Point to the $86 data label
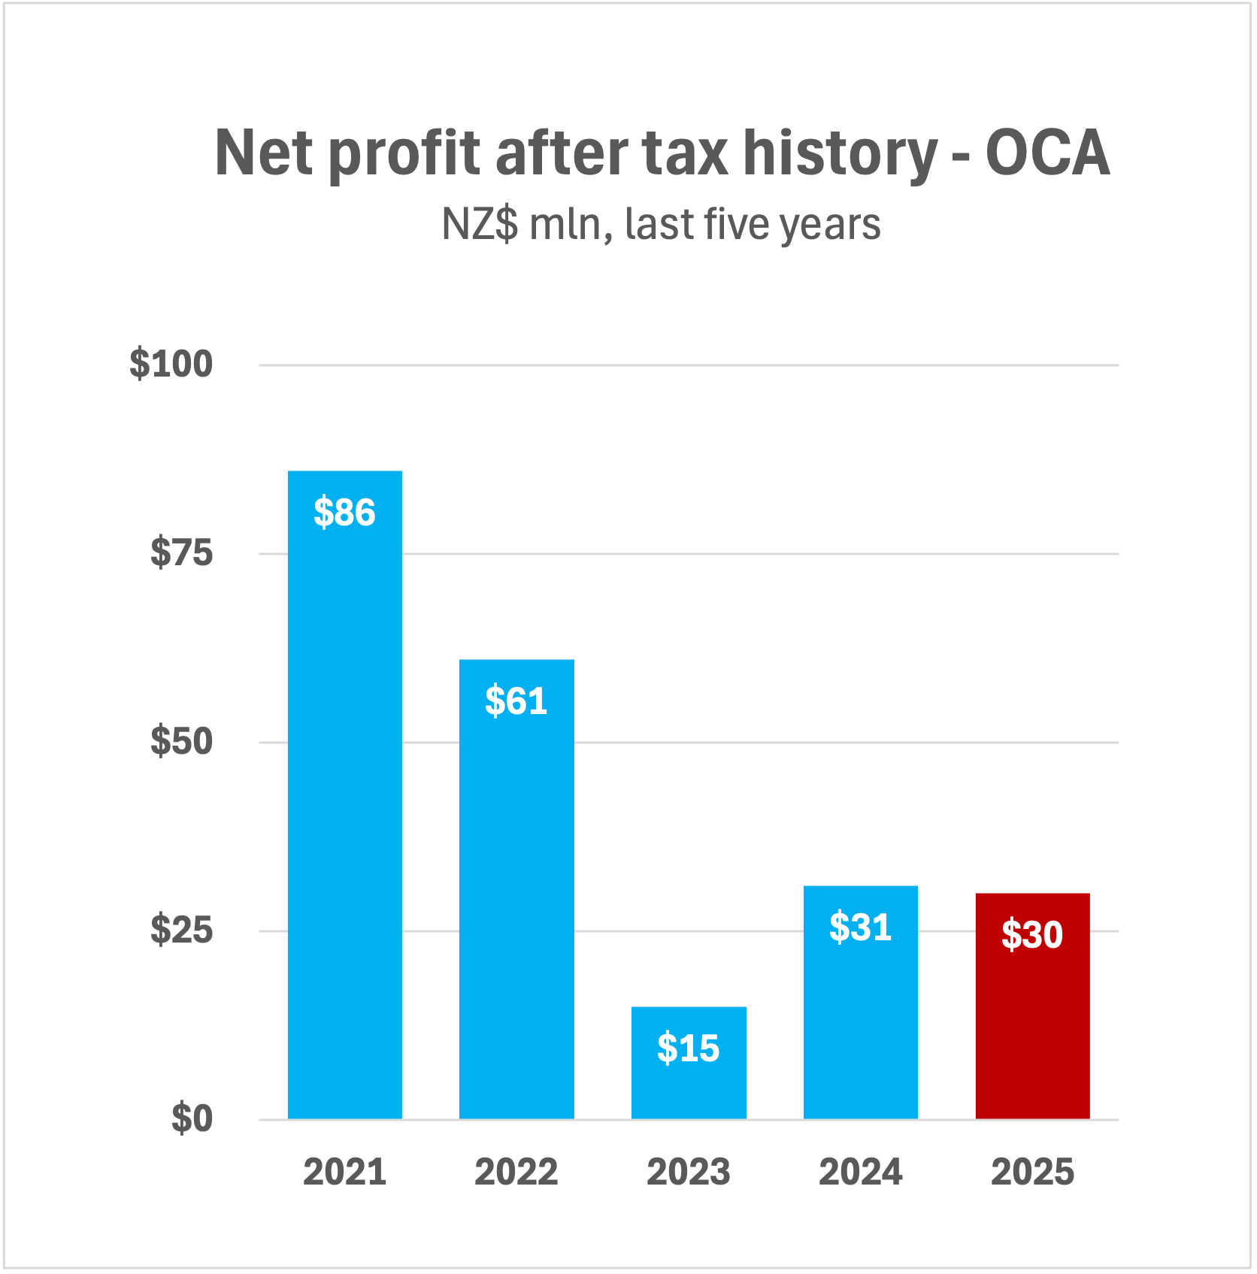pos(344,513)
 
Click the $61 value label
pos(516,701)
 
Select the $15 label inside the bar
pos(689,1048)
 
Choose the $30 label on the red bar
pos(1032,935)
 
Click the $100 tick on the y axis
pos(171,365)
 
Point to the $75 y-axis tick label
pos(182,553)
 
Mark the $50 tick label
pos(182,742)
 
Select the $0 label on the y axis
pos(192,1118)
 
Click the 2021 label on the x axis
pos(345,1172)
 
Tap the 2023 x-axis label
pos(689,1172)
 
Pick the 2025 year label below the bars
pos(1032,1172)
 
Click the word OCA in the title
pos(1047,153)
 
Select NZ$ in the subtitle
pos(480,224)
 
